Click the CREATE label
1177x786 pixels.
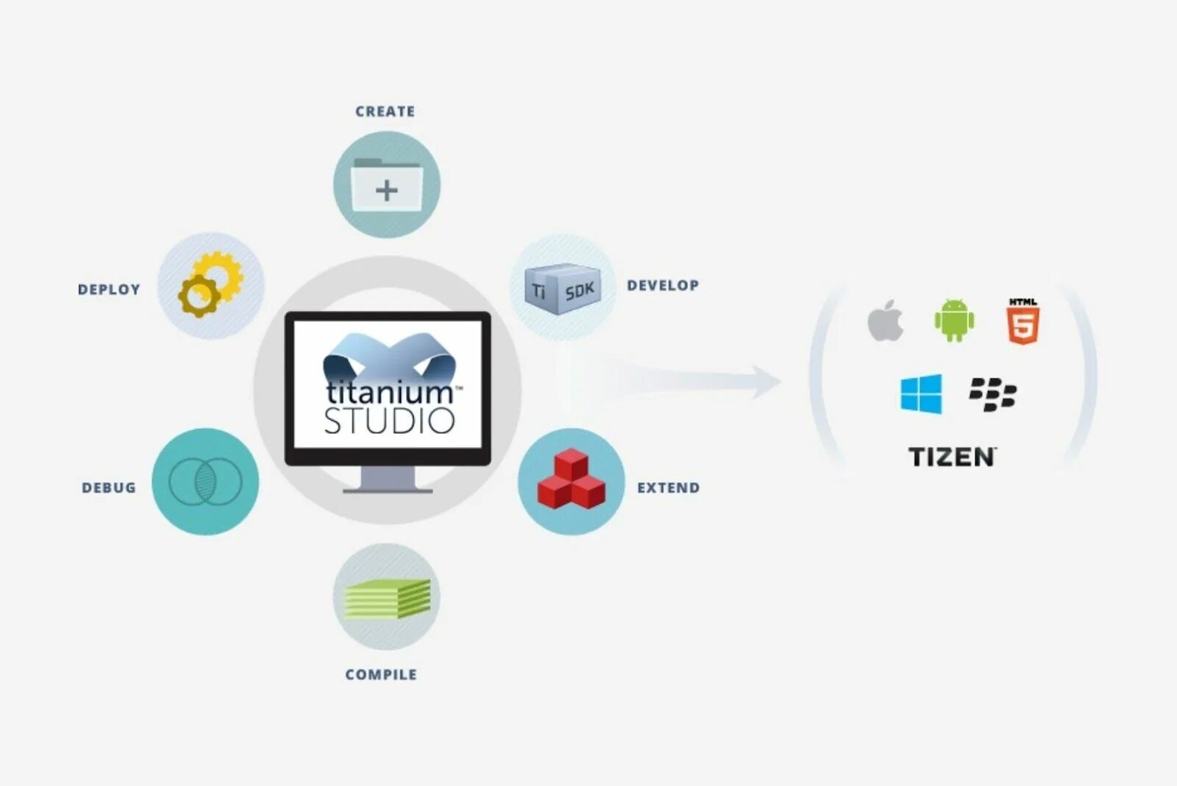coord(385,112)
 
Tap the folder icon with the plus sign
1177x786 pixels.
coord(387,185)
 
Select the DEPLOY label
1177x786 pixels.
coord(109,290)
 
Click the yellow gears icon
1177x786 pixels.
coord(210,285)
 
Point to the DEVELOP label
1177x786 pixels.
coord(663,285)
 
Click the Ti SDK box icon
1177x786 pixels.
coord(563,289)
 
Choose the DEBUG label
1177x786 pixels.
coord(109,487)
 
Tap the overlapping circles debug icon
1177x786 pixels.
coord(205,482)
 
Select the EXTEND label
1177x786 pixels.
coord(668,487)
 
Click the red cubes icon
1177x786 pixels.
coord(572,480)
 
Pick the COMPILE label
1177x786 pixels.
coord(381,674)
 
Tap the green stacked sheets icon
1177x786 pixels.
coord(388,598)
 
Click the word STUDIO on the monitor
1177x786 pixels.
coord(389,421)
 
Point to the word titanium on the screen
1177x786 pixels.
coord(389,391)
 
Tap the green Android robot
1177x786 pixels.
coord(954,320)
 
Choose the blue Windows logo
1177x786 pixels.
coord(921,394)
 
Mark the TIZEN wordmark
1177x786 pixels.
coord(952,457)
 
